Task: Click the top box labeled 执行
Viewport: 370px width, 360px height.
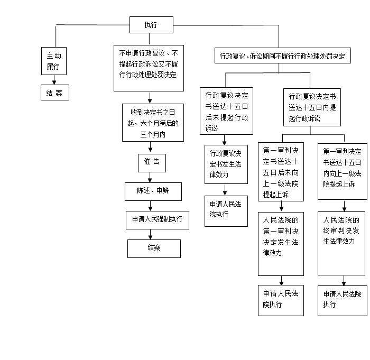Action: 151,25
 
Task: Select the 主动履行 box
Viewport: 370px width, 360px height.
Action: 54,61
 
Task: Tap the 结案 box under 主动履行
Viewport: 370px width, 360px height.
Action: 55,93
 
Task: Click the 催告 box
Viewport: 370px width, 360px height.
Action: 152,163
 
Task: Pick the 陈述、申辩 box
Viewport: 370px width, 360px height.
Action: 153,192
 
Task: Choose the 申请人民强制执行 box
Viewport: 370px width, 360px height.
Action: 158,220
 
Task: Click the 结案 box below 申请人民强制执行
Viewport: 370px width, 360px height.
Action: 154,249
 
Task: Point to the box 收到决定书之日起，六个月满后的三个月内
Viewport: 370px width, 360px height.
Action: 153,123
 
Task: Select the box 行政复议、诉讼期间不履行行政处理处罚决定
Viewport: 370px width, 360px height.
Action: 283,56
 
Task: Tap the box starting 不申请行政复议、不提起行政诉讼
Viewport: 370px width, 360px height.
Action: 149,68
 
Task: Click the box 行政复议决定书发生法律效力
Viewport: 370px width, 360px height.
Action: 226,164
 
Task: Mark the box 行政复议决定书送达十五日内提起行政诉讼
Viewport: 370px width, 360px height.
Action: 312,107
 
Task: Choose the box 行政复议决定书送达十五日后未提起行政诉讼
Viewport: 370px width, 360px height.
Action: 227,111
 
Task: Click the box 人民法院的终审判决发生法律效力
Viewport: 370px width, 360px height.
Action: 341,244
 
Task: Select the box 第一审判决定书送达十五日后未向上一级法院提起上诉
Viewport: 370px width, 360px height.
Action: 281,172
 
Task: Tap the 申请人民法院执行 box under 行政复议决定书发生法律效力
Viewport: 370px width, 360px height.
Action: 226,211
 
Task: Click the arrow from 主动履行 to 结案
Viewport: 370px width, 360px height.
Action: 54,80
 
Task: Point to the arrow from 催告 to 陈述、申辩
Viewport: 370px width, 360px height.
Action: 150,177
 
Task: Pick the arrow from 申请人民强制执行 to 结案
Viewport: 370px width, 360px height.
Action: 151,234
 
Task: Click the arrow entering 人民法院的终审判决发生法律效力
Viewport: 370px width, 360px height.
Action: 344,206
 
